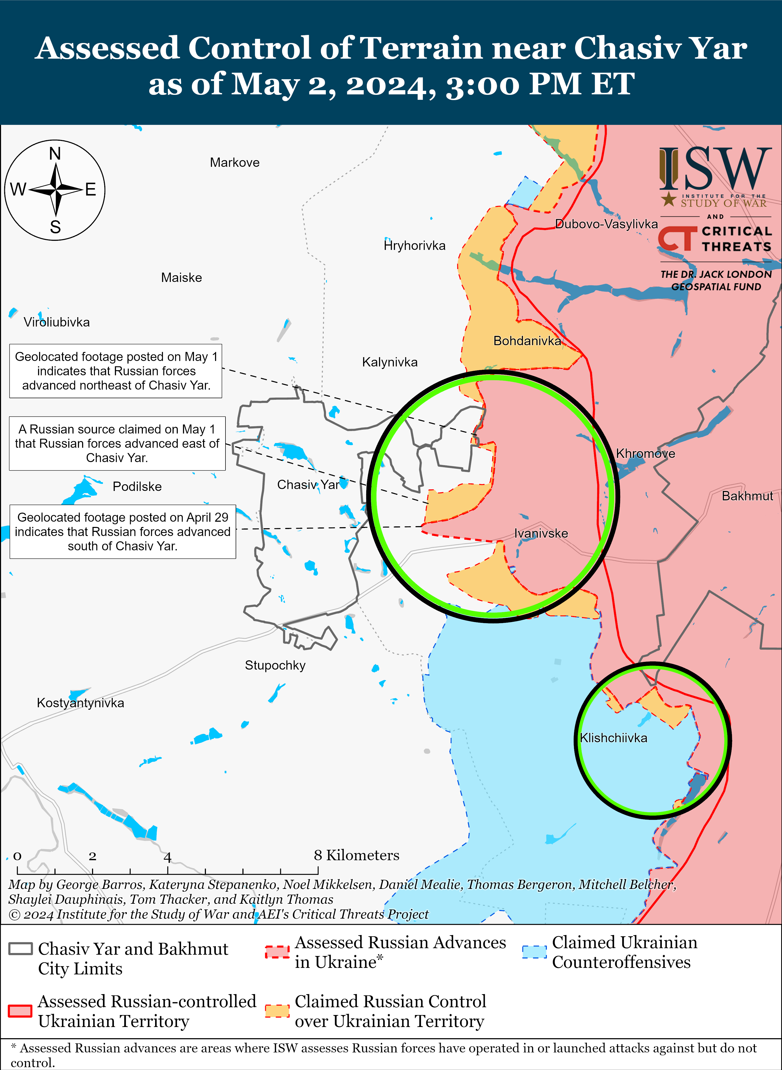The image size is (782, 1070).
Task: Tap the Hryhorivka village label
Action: coord(415,246)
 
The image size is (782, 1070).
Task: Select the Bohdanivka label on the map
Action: coord(527,341)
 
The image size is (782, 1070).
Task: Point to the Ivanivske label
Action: coord(541,533)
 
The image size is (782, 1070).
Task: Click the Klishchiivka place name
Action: coord(614,738)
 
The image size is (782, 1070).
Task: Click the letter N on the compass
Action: coord(55,154)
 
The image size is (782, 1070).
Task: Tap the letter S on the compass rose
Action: coord(55,227)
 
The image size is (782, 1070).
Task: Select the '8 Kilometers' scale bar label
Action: coord(356,855)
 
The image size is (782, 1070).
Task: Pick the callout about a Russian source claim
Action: coord(117,444)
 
